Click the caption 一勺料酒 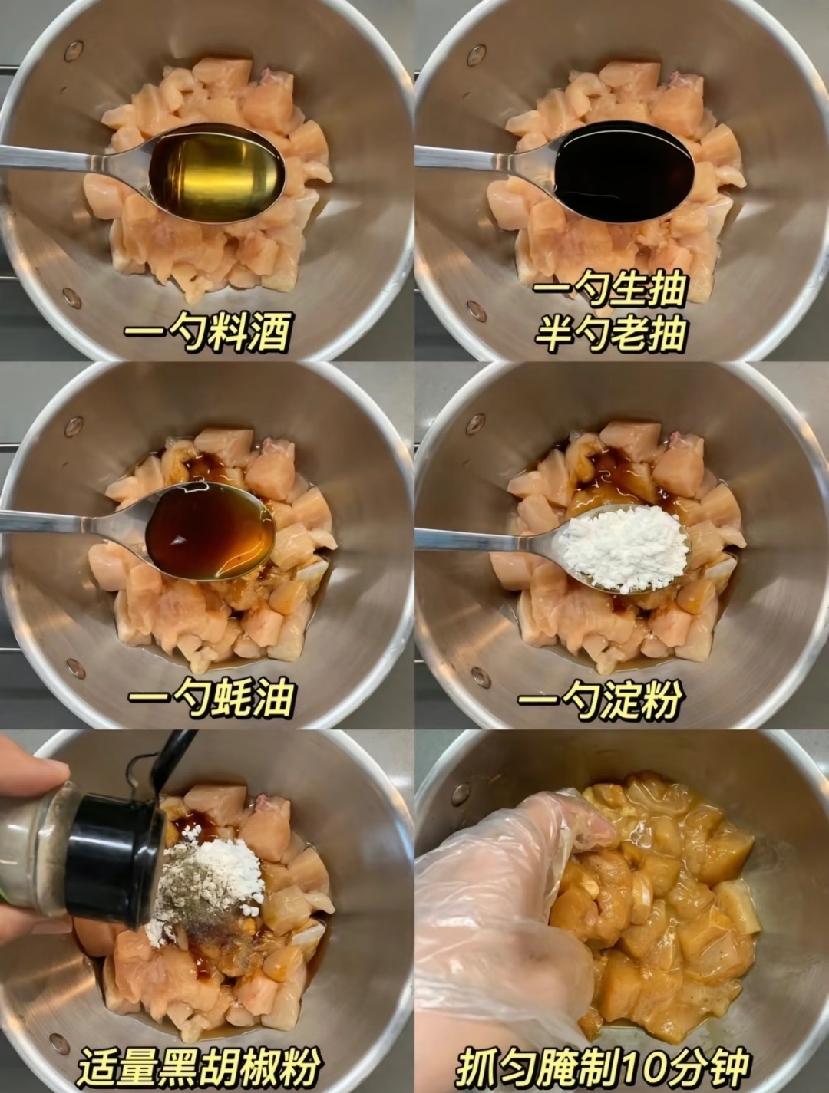(207, 332)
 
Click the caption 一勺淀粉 (599, 699)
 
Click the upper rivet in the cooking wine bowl (73, 49)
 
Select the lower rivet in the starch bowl (481, 677)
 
